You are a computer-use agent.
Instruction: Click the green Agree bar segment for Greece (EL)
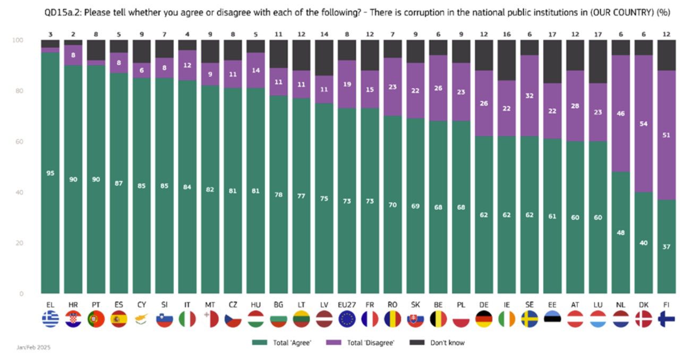50,212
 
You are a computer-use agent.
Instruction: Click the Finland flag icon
666,319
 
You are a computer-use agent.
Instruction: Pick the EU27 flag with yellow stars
347,319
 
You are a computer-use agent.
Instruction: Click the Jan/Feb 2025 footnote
33,347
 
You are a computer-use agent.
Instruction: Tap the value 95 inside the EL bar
50,173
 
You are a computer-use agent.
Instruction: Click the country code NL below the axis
620,305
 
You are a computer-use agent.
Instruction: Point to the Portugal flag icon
96,319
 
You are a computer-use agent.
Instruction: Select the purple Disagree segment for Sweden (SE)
529,96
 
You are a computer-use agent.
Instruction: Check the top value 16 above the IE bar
506,34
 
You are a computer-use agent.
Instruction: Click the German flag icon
483,319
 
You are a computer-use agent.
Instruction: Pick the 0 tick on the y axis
22,294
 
